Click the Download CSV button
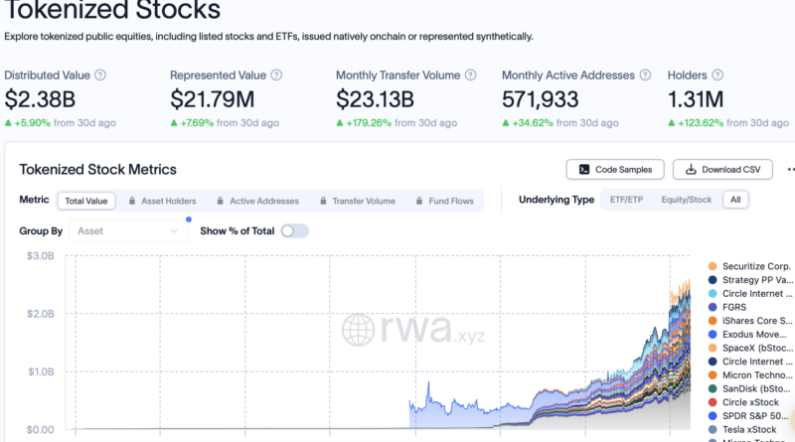point(722,169)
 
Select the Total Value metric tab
point(86,201)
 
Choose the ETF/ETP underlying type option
point(626,200)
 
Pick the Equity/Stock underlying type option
point(686,200)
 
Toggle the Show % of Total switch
point(294,231)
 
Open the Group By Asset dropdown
point(128,231)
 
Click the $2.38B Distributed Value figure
point(40,99)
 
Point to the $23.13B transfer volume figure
point(375,99)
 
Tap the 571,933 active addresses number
point(540,99)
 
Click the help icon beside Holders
point(717,75)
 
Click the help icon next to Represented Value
point(276,75)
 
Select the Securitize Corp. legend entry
point(749,266)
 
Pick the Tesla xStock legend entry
point(742,429)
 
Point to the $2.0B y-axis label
point(41,314)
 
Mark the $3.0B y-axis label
point(41,256)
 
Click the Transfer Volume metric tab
point(358,201)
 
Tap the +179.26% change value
point(369,122)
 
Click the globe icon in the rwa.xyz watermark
point(358,330)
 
